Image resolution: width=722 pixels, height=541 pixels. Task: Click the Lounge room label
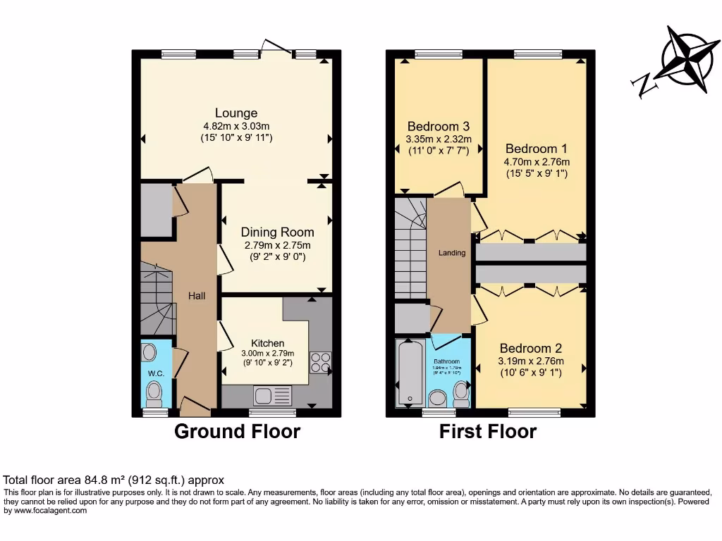click(x=236, y=113)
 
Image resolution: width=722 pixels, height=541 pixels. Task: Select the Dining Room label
click(x=277, y=232)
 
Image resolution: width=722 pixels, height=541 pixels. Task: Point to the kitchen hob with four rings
click(x=320, y=362)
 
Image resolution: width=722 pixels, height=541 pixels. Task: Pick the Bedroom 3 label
click(x=437, y=126)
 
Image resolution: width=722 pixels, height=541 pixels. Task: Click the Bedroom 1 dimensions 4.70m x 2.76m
click(x=536, y=161)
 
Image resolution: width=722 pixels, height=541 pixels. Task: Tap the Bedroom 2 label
click(x=530, y=348)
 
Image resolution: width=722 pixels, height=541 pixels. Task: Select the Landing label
click(x=452, y=252)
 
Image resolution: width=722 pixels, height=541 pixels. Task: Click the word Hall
click(x=197, y=296)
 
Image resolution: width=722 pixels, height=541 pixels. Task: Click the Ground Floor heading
click(x=237, y=431)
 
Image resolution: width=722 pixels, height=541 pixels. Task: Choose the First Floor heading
click(x=488, y=431)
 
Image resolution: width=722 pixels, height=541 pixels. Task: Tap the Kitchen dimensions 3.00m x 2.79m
click(x=268, y=354)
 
